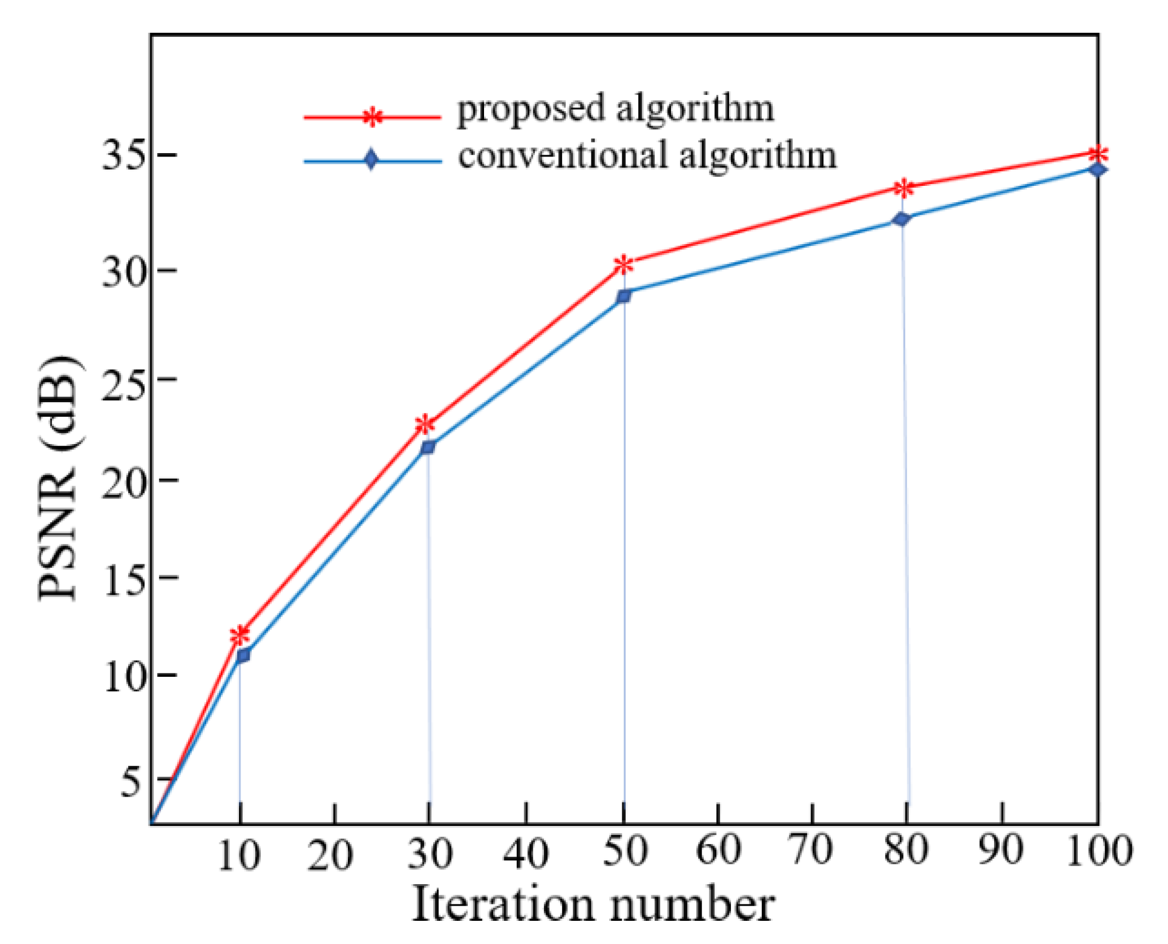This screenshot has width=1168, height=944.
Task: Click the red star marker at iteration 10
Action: tap(240, 635)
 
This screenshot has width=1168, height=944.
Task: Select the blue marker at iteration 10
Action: tap(243, 655)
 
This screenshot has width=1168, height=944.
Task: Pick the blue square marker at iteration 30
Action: tap(428, 447)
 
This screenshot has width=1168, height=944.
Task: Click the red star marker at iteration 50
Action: tap(624, 264)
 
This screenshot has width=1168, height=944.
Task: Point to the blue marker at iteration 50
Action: tap(624, 295)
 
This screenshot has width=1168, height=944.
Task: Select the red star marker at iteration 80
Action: tap(904, 188)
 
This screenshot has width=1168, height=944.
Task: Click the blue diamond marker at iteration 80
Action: tap(902, 219)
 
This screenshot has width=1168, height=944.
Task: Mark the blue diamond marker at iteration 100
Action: tap(1097, 169)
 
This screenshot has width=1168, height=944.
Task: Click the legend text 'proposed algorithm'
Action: tap(616, 109)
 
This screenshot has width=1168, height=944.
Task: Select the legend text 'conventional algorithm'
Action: tap(647, 155)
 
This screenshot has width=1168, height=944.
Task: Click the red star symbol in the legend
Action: tap(372, 118)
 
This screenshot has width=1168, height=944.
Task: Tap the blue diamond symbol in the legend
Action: tap(371, 160)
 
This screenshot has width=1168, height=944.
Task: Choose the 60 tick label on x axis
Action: tap(718, 850)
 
